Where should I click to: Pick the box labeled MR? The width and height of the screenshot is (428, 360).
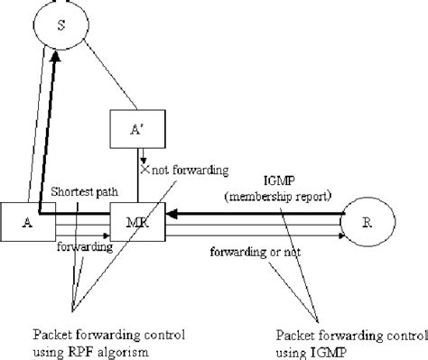tap(135, 222)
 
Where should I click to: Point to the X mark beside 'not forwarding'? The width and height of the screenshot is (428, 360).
tap(143, 168)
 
